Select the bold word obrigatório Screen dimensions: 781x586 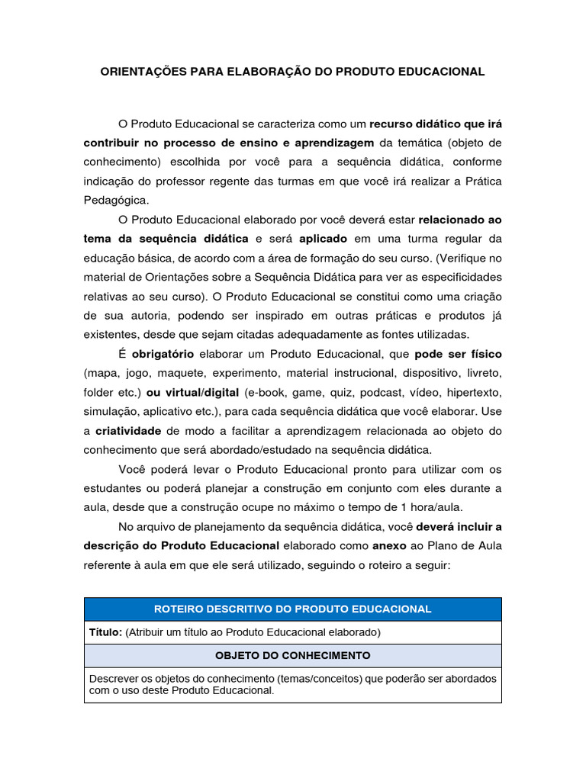click(163, 355)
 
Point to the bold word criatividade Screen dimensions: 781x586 click(128, 430)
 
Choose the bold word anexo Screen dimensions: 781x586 click(389, 545)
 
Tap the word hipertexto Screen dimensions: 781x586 click(473, 393)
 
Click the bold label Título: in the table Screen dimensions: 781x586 click(106, 632)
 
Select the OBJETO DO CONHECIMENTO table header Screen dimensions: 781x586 click(293, 655)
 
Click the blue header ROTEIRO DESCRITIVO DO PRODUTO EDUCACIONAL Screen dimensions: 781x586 click(293, 609)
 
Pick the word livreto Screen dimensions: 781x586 click(481, 374)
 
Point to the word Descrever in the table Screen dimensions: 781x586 click(114, 678)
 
